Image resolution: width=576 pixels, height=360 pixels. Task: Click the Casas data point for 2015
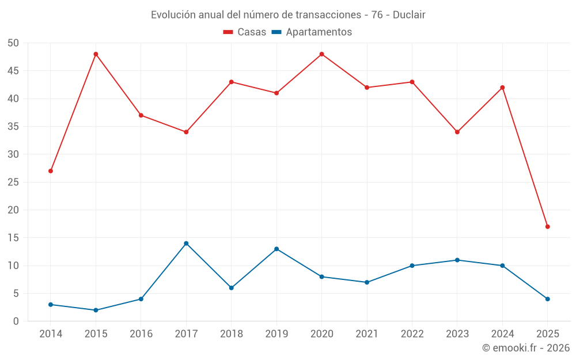96,54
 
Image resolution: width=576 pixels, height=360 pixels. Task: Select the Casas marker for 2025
547,226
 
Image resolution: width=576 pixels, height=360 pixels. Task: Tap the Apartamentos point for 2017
186,243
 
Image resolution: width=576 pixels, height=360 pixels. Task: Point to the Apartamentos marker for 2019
276,249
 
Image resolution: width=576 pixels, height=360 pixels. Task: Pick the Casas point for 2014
51,171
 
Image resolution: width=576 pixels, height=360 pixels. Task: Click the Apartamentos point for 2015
96,310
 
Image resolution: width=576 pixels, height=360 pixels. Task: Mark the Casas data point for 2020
321,54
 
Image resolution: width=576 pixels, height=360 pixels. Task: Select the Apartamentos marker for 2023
457,260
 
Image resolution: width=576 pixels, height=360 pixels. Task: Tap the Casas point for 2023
457,132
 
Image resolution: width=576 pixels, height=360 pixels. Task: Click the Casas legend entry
245,32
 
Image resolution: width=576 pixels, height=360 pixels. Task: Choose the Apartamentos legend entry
312,32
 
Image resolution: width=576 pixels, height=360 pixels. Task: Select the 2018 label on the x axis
231,334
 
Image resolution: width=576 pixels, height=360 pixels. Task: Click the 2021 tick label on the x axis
367,334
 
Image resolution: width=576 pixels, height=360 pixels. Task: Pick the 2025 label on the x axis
547,334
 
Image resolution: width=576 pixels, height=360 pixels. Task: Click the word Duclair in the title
409,15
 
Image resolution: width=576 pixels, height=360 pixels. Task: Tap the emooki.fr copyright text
526,348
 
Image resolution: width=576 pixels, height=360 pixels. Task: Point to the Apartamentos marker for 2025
547,299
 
